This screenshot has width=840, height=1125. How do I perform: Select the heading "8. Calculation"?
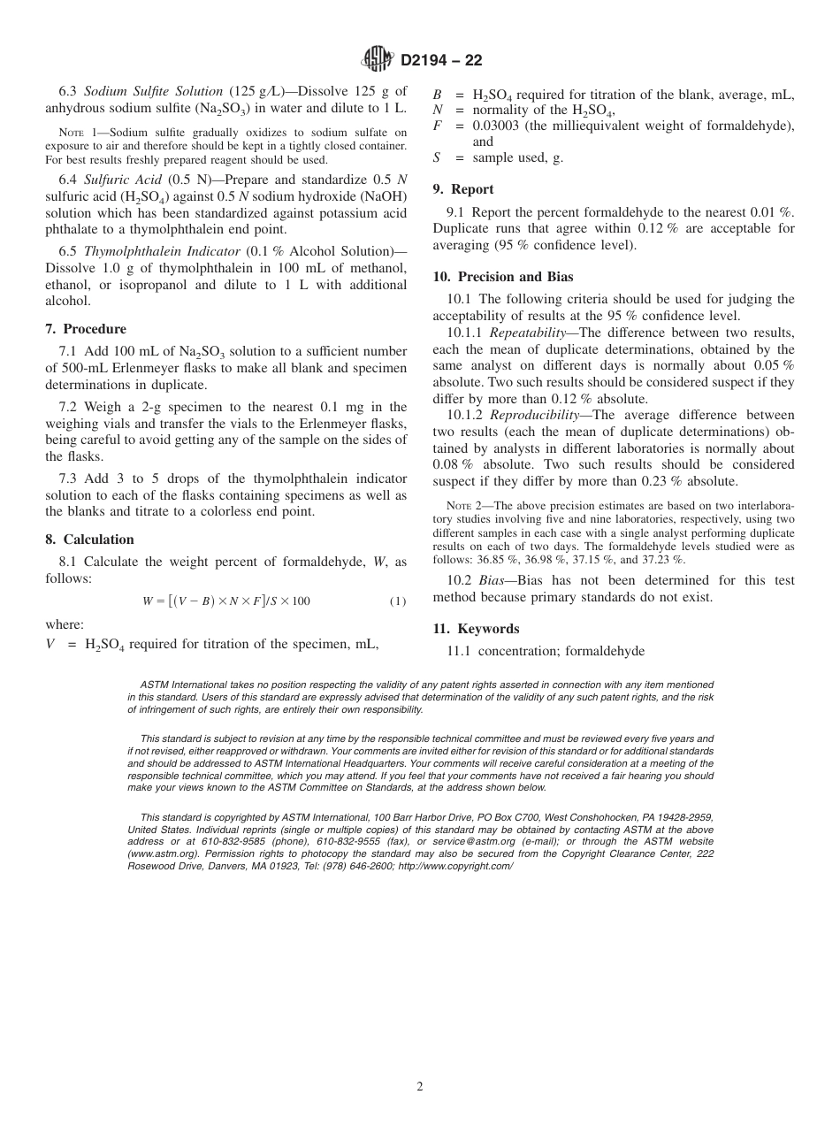(x=89, y=540)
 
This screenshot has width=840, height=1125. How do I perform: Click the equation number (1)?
(x=398, y=601)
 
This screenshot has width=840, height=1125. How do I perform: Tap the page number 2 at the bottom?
(x=420, y=1087)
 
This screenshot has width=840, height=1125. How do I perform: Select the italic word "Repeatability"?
(x=531, y=333)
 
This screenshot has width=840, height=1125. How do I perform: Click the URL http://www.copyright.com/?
(x=455, y=866)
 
